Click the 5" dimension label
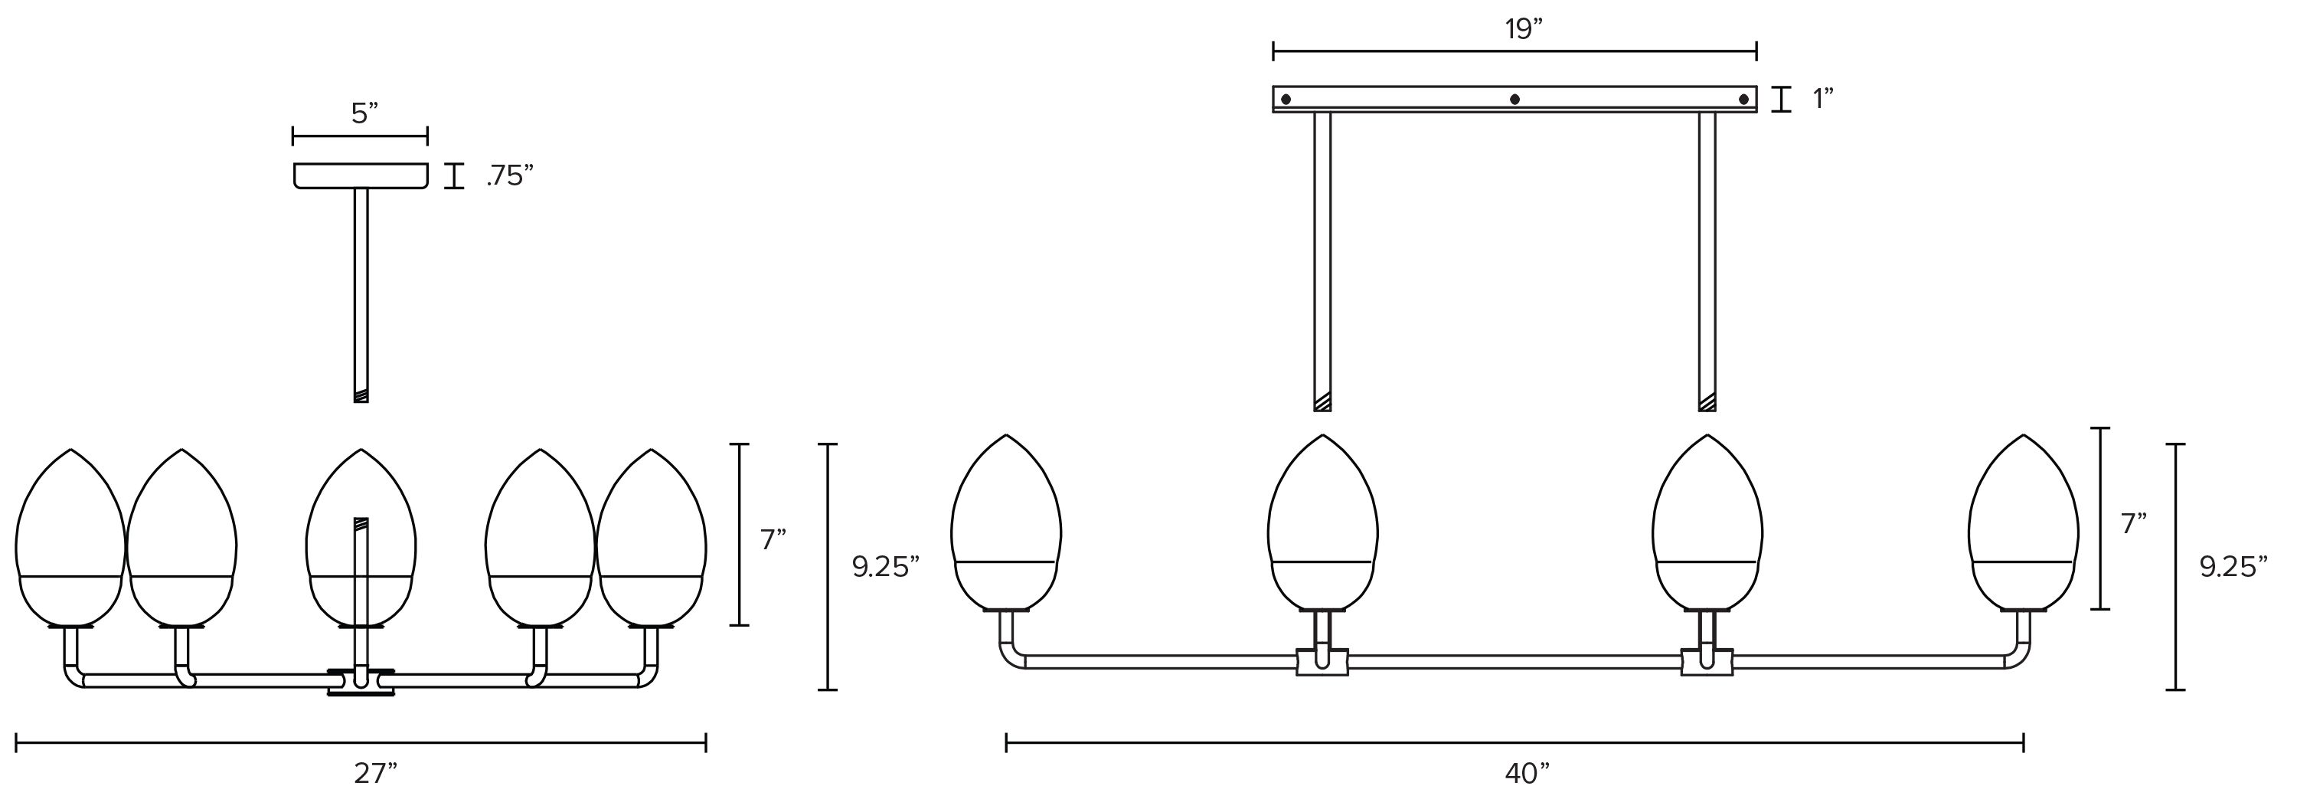[364, 113]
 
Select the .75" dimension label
[509, 176]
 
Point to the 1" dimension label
[1822, 99]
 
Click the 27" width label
[375, 773]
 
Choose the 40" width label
[1528, 773]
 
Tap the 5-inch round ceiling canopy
[360, 175]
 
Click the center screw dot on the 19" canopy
[1514, 99]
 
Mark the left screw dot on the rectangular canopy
[1285, 99]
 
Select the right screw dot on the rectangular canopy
[1743, 99]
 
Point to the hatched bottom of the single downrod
[361, 397]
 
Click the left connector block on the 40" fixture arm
[1323, 662]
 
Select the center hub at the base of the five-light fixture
[361, 681]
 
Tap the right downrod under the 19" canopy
[1707, 259]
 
